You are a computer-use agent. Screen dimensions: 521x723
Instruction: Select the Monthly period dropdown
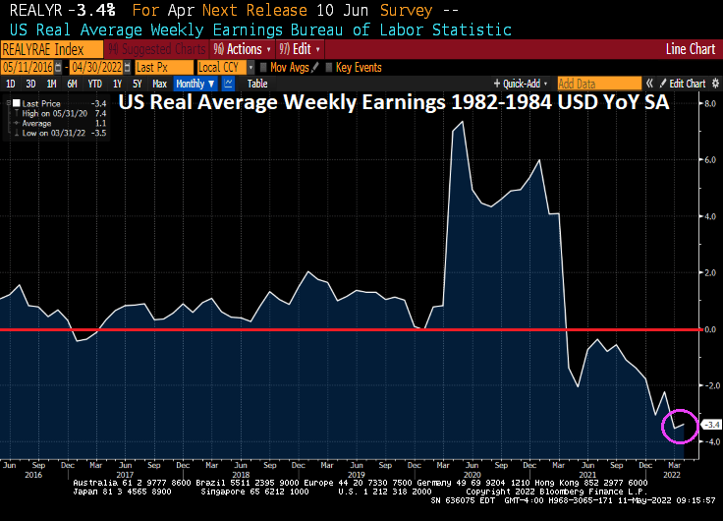[x=195, y=84]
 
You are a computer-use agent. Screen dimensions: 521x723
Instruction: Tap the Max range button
[x=159, y=84]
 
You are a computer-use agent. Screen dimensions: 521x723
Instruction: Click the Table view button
[x=256, y=84]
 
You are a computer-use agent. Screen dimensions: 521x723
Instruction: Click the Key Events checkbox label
[x=359, y=67]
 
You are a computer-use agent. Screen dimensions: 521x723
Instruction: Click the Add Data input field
[x=598, y=84]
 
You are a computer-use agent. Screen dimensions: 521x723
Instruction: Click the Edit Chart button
[x=687, y=84]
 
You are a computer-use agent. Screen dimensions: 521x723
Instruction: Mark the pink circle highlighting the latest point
[x=679, y=425]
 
